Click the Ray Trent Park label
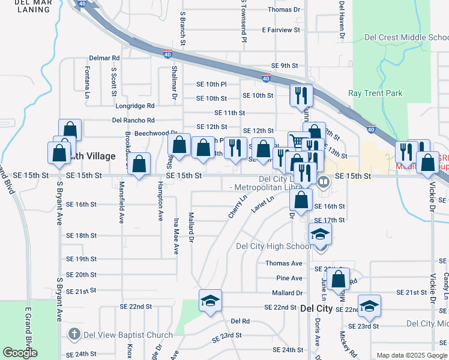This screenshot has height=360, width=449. click(x=375, y=93)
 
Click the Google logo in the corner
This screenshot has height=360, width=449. click(x=20, y=353)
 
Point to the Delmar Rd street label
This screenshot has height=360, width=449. click(x=104, y=58)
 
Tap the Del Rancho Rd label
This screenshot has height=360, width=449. click(x=133, y=120)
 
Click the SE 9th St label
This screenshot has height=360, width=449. click(x=285, y=65)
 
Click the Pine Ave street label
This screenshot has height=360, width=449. click(x=289, y=278)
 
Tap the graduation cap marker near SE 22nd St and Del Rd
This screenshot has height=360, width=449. click(x=210, y=300)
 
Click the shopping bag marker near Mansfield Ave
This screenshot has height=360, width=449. click(x=139, y=164)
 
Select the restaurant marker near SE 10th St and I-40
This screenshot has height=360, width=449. click(x=300, y=95)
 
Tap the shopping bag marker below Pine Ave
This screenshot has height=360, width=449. click(x=339, y=278)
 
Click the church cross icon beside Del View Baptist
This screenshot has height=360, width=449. click(x=73, y=334)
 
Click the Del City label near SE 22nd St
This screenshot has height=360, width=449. click(x=316, y=308)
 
